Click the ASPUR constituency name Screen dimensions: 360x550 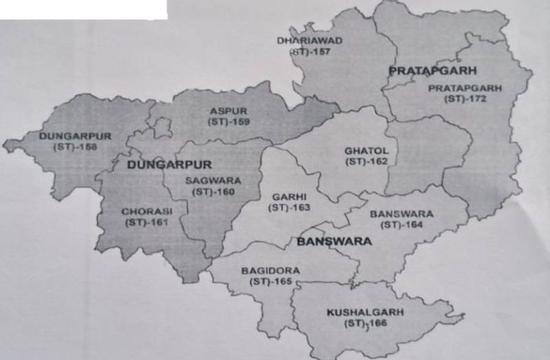point(229,111)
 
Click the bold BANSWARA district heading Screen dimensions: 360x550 point(334,241)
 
